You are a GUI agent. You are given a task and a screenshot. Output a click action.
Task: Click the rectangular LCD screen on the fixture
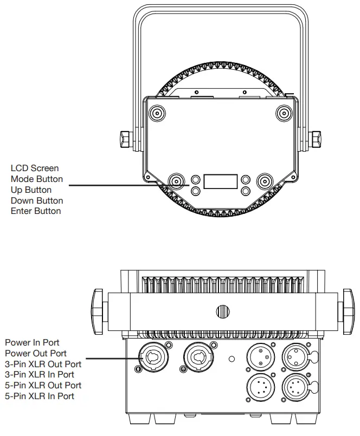[x=220, y=181]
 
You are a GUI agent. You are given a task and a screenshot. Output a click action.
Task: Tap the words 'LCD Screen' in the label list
[x=35, y=168]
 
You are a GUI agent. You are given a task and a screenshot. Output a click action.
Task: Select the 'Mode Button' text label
[x=37, y=179]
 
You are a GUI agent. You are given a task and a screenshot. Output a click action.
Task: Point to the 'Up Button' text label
[x=31, y=190]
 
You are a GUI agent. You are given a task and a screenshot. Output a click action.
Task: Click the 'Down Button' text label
[x=37, y=200]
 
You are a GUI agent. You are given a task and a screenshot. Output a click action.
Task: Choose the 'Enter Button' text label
[x=36, y=211]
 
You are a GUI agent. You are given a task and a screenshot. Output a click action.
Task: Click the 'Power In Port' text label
[x=32, y=342]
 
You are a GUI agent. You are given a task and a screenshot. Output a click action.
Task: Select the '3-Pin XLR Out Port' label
[x=43, y=363]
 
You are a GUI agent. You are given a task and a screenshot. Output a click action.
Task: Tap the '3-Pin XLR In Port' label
[x=40, y=374]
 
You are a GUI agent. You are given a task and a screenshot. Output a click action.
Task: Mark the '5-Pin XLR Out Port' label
[x=43, y=385]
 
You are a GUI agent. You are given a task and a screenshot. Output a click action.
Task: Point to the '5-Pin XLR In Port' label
[x=40, y=396]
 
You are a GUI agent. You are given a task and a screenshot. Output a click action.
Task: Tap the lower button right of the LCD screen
[x=246, y=190]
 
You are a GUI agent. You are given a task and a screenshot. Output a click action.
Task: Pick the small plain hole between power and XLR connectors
[x=232, y=358]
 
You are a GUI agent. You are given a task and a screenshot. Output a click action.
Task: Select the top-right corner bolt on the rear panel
[x=284, y=113]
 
